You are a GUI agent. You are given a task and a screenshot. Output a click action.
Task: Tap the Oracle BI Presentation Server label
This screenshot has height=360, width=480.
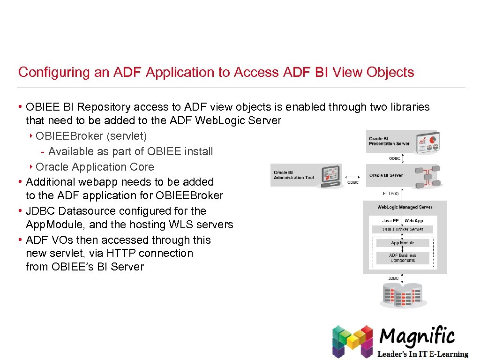coord(389,141)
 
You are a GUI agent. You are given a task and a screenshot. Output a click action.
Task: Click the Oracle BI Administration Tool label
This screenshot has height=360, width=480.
coord(293,175)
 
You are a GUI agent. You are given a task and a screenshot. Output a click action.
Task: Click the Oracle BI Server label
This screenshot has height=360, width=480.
coord(386,175)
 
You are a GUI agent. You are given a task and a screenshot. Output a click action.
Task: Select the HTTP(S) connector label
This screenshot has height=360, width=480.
coord(391,193)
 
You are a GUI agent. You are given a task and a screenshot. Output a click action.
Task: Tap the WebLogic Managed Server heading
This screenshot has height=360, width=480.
coord(405,207)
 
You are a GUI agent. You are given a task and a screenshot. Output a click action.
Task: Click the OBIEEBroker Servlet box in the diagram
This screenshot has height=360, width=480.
coord(403,229)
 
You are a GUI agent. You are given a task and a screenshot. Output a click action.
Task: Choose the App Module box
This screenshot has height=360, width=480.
coord(403,243)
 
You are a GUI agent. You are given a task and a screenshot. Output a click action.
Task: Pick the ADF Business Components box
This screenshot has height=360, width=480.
coord(403,258)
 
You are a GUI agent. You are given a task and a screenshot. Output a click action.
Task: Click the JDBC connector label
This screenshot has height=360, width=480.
coord(393,278)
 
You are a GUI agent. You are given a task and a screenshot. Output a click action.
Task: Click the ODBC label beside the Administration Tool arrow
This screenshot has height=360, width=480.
coord(353,182)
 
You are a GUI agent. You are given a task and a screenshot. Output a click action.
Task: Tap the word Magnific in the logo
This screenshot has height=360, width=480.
coord(417,337)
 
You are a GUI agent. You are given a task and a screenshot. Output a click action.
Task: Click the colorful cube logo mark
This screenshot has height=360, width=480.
coord(352,341)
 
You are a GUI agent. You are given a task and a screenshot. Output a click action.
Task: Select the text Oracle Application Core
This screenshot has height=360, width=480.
coord(95,167)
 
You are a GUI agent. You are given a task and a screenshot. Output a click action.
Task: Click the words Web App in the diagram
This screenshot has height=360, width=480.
coord(413,220)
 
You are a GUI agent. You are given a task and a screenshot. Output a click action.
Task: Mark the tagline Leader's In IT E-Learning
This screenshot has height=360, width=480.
coord(423,354)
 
